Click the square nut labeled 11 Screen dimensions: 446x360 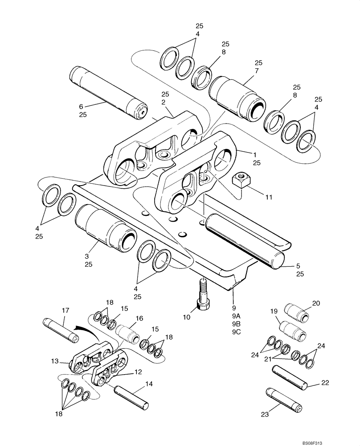(240, 181)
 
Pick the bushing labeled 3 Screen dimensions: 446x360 (105, 228)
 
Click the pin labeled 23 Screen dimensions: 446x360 (285, 401)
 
